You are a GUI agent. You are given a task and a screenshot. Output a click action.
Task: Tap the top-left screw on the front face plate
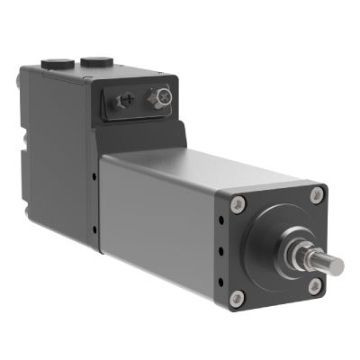pyautogui.click(x=239, y=203)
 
